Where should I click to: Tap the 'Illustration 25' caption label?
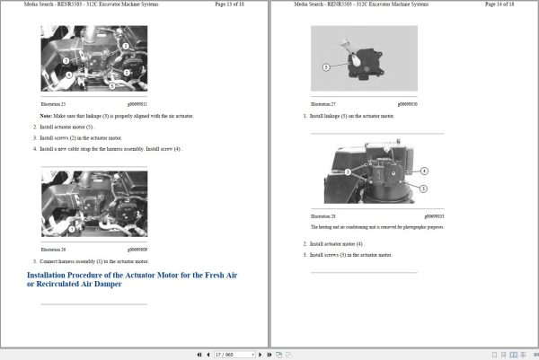coord(54,104)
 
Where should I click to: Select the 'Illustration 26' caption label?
coord(54,249)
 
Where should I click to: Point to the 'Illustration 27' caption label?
coord(323,104)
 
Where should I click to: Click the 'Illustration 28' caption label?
coord(323,216)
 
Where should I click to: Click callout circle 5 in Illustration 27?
coord(325,67)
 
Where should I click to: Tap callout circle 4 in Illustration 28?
coord(424,171)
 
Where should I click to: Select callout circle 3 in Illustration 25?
coord(66,61)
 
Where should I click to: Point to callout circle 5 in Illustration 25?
coord(111,87)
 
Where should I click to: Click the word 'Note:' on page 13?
coord(46,116)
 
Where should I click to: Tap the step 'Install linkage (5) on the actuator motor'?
coord(351,116)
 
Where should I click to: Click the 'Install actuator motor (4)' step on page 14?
coord(337,243)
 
